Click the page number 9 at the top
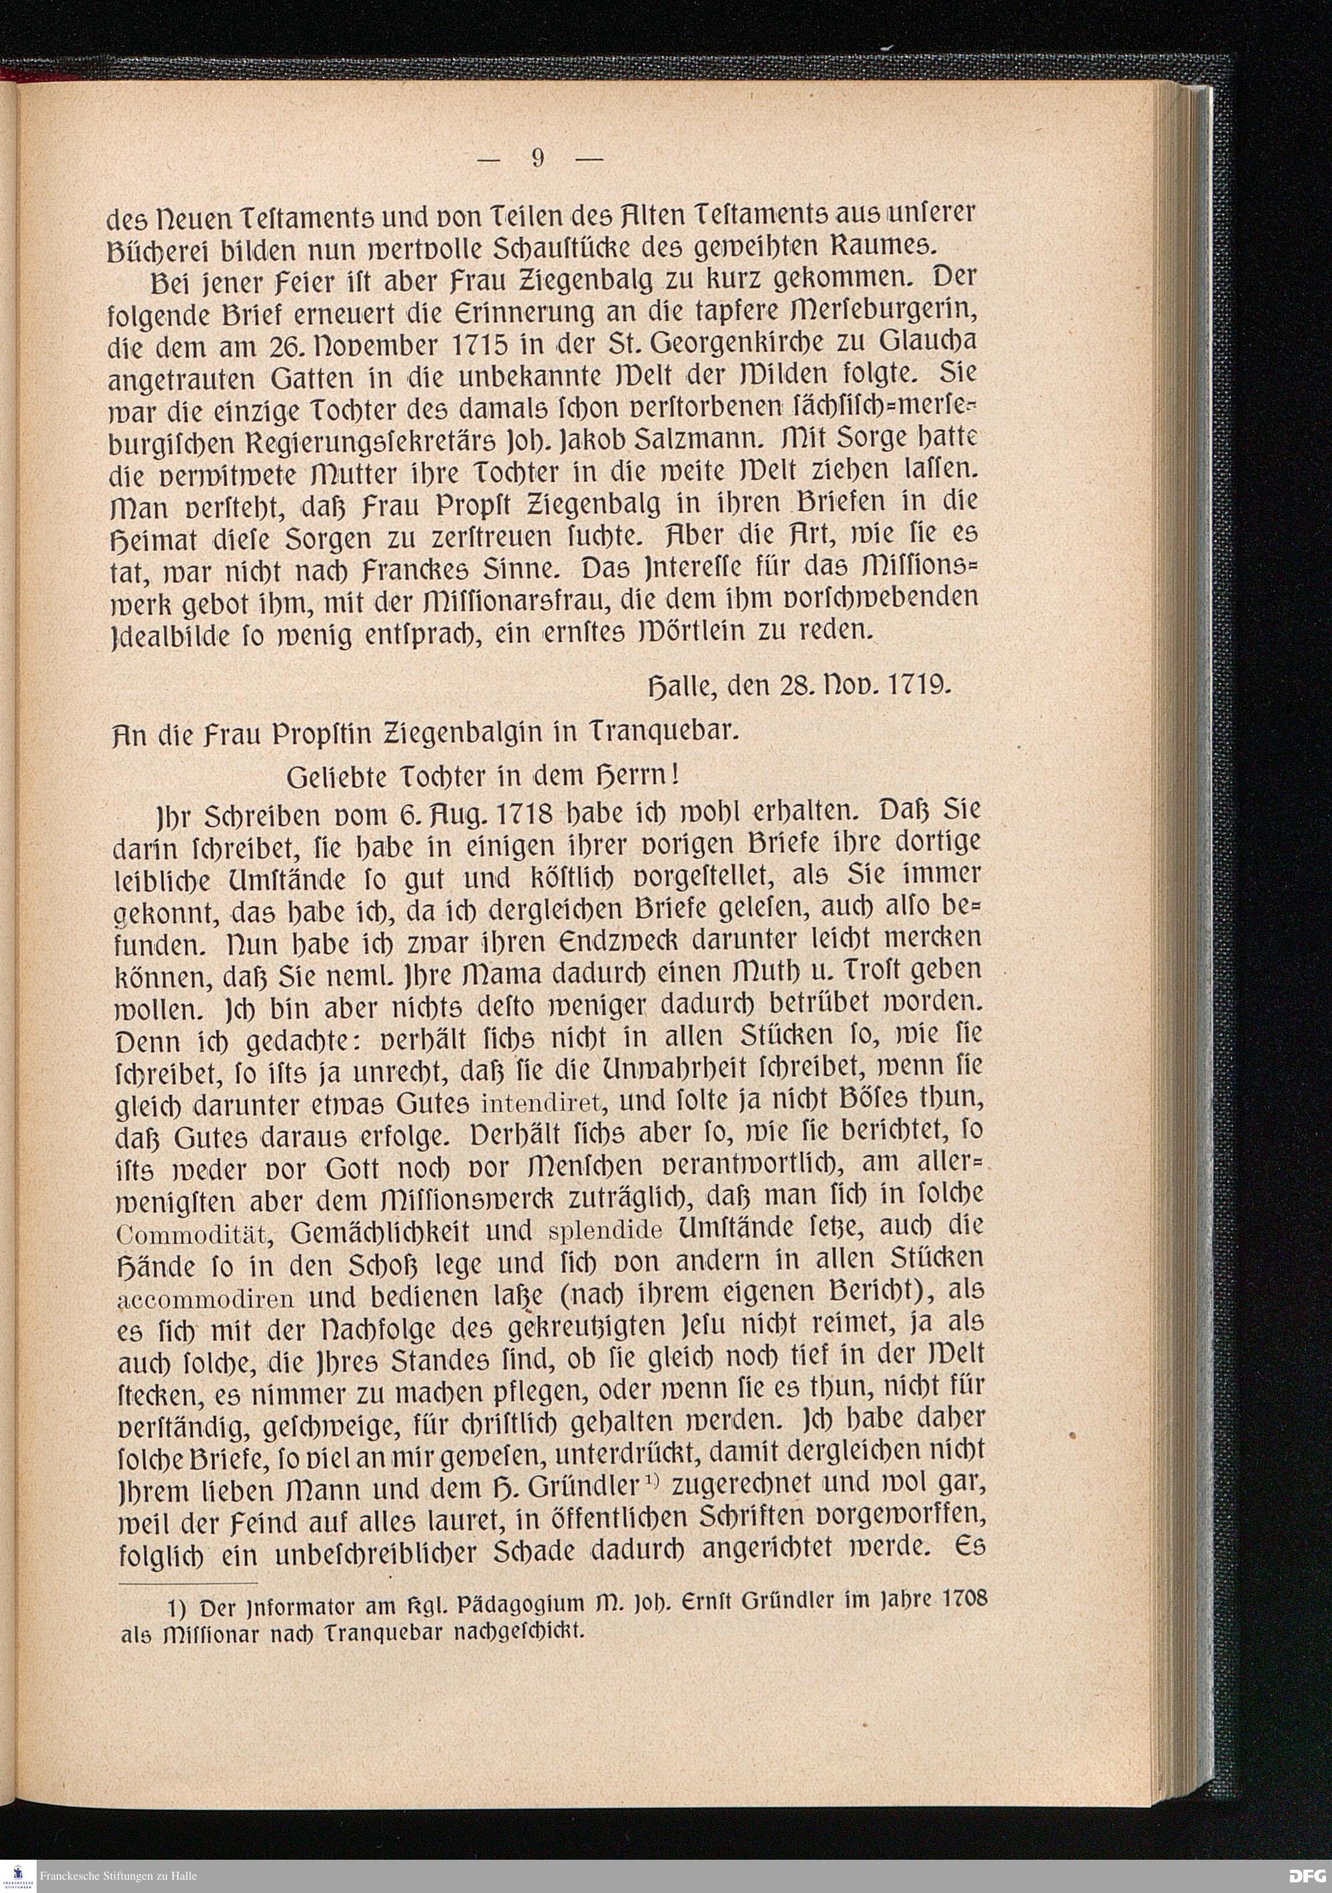537,158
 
